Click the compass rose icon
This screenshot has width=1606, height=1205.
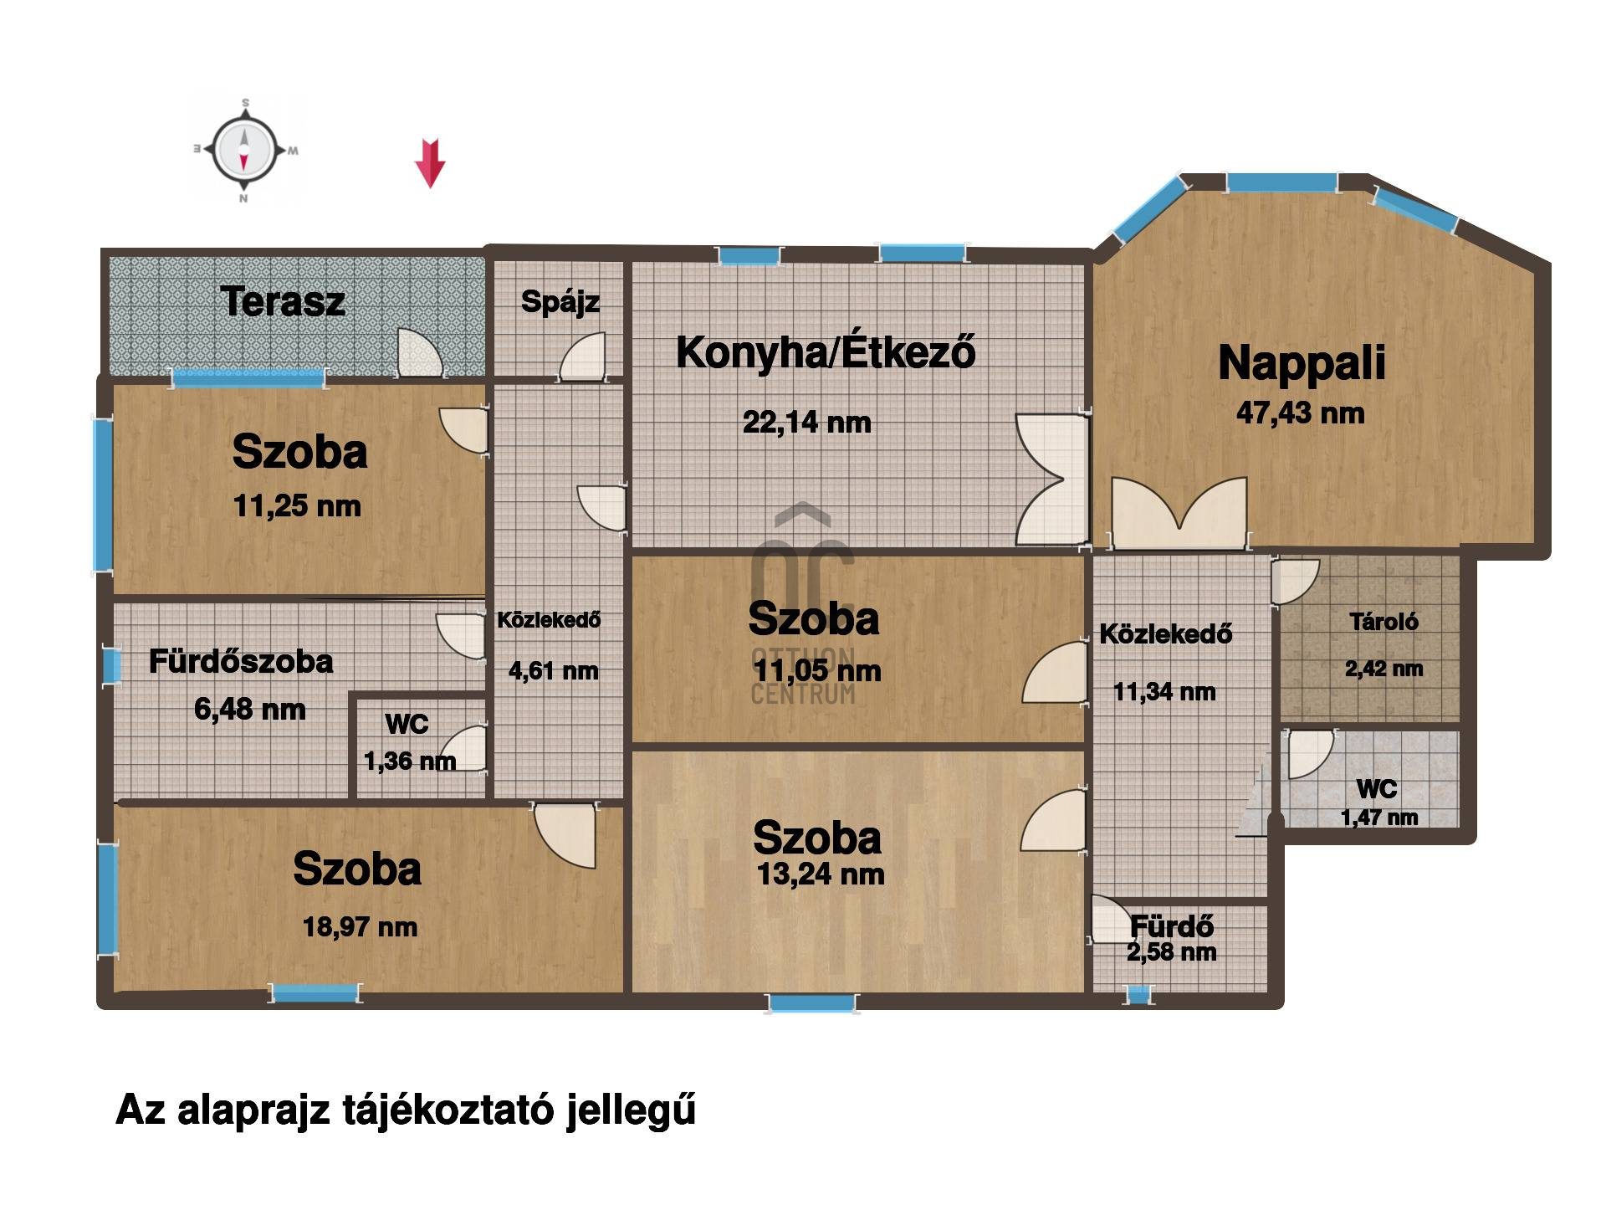(x=243, y=151)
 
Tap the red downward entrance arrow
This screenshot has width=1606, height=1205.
(x=430, y=162)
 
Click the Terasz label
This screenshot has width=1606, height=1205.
(x=283, y=301)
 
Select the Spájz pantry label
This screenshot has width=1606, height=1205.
(x=560, y=302)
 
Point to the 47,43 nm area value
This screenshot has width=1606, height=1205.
(x=1301, y=413)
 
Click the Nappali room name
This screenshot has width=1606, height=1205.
(x=1302, y=364)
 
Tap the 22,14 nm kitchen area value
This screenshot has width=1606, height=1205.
(x=807, y=422)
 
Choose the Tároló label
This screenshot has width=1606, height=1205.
(x=1384, y=621)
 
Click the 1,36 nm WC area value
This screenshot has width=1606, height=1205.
(x=410, y=761)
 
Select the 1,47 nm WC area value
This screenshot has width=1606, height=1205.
(x=1379, y=818)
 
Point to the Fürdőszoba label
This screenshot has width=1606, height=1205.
(x=241, y=661)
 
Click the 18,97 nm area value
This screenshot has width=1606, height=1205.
(x=360, y=927)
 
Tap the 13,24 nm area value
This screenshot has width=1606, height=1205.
(x=821, y=874)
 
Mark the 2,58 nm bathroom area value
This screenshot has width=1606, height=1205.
(x=1171, y=951)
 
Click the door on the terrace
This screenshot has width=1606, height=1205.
(x=420, y=352)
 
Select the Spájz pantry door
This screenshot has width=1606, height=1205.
(x=582, y=356)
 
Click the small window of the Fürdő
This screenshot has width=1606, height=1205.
(x=1138, y=995)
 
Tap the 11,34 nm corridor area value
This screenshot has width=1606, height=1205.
(x=1164, y=692)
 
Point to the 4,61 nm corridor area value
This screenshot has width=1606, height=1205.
(x=554, y=671)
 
